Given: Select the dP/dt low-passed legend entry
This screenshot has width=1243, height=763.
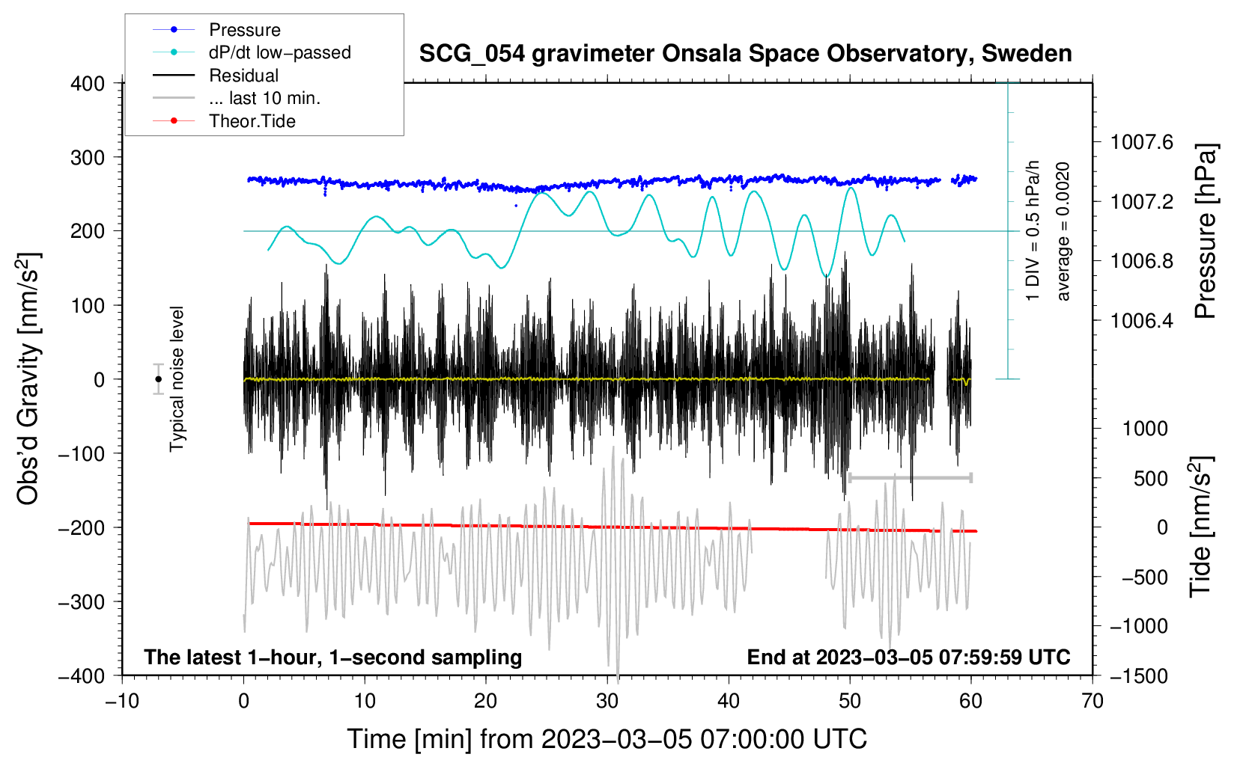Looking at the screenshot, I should click(x=279, y=52).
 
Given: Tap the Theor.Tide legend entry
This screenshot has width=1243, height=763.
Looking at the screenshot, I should click(x=252, y=121).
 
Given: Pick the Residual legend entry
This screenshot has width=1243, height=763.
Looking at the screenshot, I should click(x=243, y=76).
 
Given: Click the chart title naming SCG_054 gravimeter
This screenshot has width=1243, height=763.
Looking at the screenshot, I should click(x=745, y=54).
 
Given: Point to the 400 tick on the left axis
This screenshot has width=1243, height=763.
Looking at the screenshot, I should click(x=88, y=83).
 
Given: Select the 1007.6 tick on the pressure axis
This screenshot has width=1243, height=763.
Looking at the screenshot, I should click(x=1141, y=142).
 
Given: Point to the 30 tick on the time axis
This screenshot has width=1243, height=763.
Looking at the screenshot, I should click(x=607, y=701).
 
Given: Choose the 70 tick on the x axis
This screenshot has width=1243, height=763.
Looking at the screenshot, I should click(x=1092, y=701).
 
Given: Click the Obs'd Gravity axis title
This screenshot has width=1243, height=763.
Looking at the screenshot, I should click(x=28, y=379).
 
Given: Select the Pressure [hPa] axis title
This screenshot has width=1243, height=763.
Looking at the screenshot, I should click(x=1205, y=231).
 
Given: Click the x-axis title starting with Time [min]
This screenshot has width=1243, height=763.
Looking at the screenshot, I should click(x=607, y=739).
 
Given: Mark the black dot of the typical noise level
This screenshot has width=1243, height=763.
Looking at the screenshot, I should click(x=159, y=379).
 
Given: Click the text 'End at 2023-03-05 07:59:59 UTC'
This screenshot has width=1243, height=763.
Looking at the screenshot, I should click(x=908, y=657).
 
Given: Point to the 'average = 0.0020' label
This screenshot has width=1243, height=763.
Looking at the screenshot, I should click(x=1063, y=231).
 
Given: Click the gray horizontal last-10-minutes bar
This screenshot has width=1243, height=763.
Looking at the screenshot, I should click(x=910, y=477).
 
